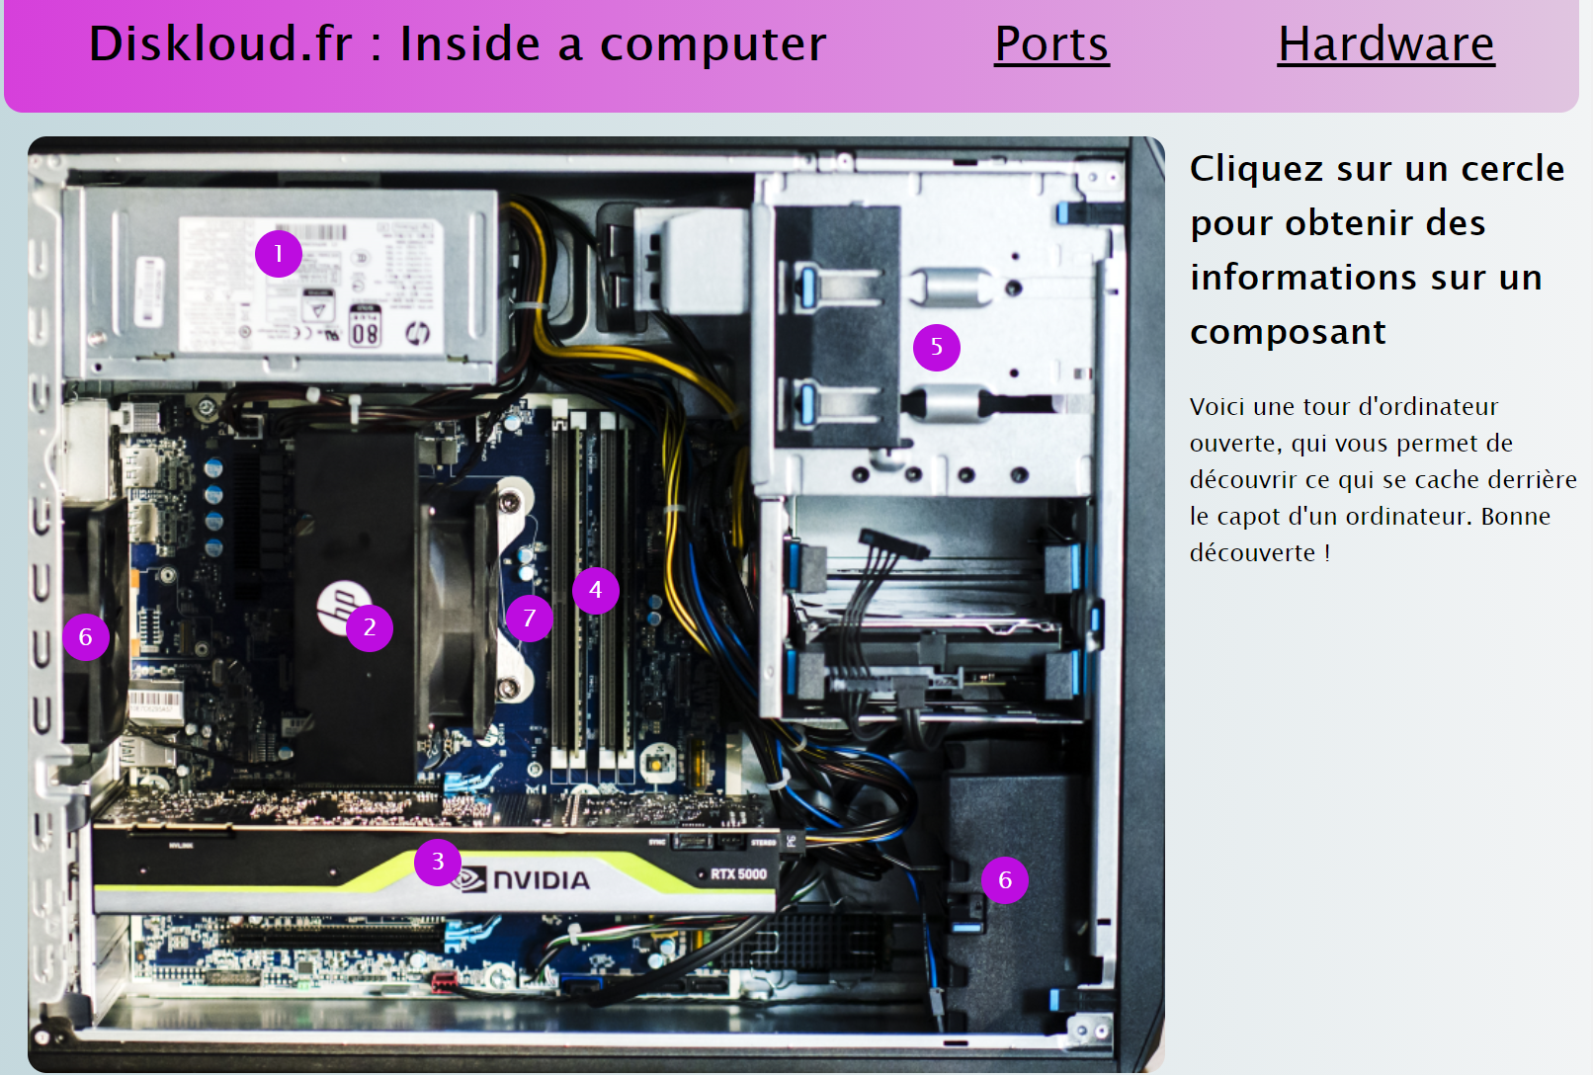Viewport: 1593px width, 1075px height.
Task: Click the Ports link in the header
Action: click(1051, 44)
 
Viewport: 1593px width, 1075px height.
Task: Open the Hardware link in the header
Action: click(1385, 44)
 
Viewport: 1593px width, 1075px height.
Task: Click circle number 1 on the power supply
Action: click(279, 254)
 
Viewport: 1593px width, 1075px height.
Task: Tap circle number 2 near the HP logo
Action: click(370, 627)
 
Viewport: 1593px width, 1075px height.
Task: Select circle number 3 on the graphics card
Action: click(437, 862)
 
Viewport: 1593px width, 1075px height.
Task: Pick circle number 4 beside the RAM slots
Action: click(595, 591)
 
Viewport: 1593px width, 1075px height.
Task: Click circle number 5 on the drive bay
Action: click(936, 347)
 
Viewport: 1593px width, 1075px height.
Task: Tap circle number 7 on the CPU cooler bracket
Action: click(529, 619)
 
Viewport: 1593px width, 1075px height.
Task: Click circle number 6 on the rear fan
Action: click(86, 637)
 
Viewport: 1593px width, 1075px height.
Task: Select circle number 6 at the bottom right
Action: click(1004, 880)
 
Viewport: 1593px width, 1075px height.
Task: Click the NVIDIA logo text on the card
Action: click(540, 880)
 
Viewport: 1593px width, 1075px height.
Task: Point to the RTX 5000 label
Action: click(737, 874)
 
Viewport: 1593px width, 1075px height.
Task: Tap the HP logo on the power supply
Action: click(417, 334)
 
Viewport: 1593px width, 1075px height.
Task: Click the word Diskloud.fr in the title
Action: click(220, 44)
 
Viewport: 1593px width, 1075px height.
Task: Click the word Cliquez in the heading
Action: click(1257, 170)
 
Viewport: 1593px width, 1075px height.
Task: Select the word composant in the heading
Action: click(1288, 332)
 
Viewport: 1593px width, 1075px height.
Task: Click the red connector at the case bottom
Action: click(444, 981)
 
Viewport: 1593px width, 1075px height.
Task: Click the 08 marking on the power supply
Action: click(365, 332)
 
